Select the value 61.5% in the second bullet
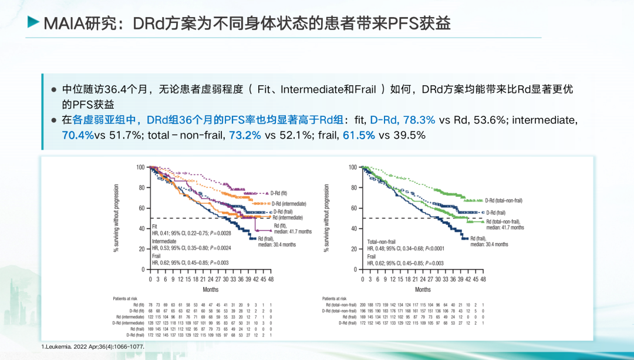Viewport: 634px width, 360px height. click(x=359, y=135)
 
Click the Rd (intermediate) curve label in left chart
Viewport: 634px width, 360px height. click(x=286, y=217)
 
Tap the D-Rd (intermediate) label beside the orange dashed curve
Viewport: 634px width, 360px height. click(x=291, y=203)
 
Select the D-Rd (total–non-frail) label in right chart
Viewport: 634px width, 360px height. click(x=504, y=200)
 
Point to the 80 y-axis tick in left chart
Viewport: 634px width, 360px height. click(x=141, y=188)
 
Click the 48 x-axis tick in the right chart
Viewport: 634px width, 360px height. click(x=483, y=280)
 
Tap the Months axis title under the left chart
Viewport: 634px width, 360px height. click(x=210, y=290)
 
